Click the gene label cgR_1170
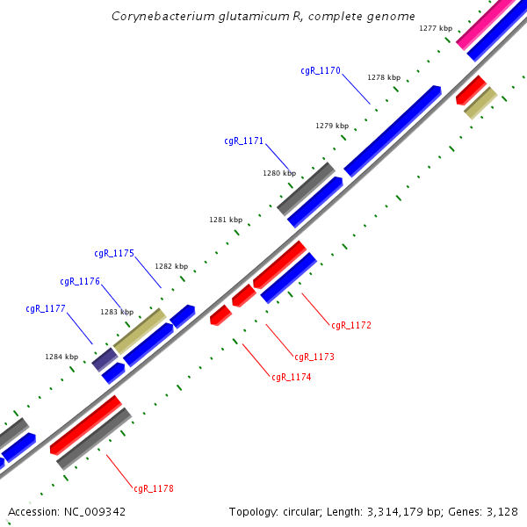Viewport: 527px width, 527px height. [321, 70]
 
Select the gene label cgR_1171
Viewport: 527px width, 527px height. [244, 141]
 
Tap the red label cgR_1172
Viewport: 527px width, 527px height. [351, 326]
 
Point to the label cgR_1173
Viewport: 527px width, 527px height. [314, 357]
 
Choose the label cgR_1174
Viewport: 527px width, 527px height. [292, 378]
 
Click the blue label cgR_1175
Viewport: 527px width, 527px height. [114, 253]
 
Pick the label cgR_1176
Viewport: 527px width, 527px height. [80, 282]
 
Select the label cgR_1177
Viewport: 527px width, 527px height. [46, 309]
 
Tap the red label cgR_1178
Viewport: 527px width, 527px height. [154, 488]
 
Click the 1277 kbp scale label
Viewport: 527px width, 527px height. [436, 29]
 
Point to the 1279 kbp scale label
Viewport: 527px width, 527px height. [332, 126]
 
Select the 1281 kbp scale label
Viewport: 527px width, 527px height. [226, 220]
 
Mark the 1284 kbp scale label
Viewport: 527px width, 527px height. [61, 357]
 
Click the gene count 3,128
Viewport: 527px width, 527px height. [501, 511]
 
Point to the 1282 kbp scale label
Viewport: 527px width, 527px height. [171, 266]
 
